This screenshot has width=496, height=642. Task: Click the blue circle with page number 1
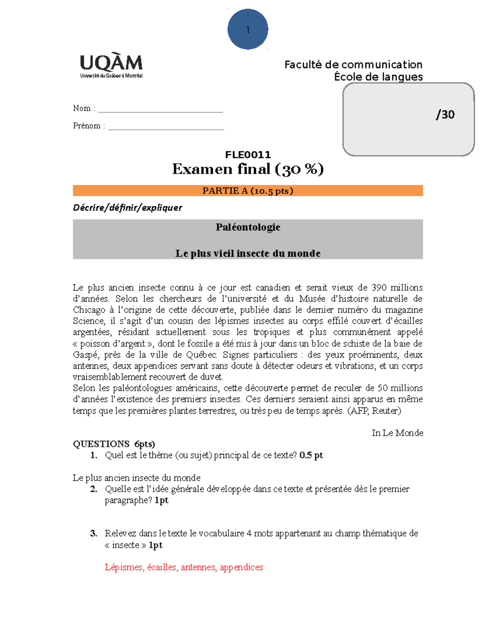(248, 29)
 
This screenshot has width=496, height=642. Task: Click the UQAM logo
(111, 66)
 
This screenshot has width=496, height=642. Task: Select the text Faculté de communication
(353, 64)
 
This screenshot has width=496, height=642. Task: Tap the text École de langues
(378, 77)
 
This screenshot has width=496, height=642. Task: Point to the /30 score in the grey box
(445, 115)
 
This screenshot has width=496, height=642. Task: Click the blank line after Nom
(160, 109)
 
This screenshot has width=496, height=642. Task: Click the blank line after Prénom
(166, 126)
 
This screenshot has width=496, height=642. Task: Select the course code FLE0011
(248, 155)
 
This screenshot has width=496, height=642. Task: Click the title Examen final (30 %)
(248, 169)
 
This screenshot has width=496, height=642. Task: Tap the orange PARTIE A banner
(248, 191)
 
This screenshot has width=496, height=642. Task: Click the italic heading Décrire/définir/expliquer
(127, 208)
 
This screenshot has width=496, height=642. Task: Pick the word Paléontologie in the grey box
(248, 227)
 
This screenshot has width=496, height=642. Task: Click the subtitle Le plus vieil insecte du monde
(248, 253)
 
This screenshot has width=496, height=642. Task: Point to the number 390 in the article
(379, 288)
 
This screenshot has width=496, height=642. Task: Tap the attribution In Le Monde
(397, 433)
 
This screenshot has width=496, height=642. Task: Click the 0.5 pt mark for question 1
(311, 455)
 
